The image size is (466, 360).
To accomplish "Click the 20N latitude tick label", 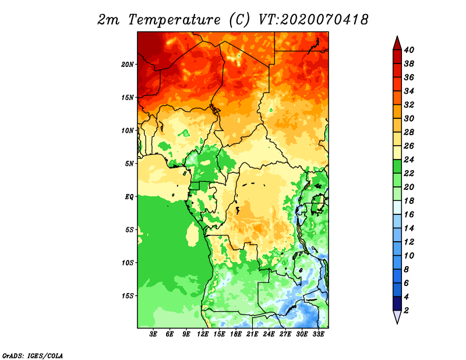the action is [x=128, y=65].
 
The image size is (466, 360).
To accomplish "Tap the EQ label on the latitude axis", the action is [x=129, y=197].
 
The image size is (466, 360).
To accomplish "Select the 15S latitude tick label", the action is [x=128, y=296].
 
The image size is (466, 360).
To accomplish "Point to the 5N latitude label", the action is [x=129, y=164].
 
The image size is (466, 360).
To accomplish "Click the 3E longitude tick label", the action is [x=153, y=334].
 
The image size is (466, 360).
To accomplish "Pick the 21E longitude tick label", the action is [x=252, y=334].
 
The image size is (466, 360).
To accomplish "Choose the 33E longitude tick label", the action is [x=318, y=334].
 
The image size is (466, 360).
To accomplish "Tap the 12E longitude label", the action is [x=202, y=334].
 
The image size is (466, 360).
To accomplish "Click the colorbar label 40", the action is [x=409, y=50].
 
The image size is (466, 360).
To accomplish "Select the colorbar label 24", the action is [x=409, y=160].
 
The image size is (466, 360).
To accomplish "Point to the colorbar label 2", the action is [x=406, y=310].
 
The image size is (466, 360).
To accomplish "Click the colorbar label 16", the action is [x=409, y=214].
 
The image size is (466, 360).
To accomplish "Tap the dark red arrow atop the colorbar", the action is [x=397, y=43].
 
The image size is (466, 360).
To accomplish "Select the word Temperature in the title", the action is [x=174, y=20].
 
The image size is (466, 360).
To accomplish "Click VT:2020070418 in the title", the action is [x=313, y=20].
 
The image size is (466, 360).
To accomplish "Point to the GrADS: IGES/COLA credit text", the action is [x=33, y=356].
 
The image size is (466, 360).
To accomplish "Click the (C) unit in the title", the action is [x=239, y=20].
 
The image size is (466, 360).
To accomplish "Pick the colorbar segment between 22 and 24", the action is [x=397, y=167].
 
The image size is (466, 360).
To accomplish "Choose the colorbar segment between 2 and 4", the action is [x=397, y=303].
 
